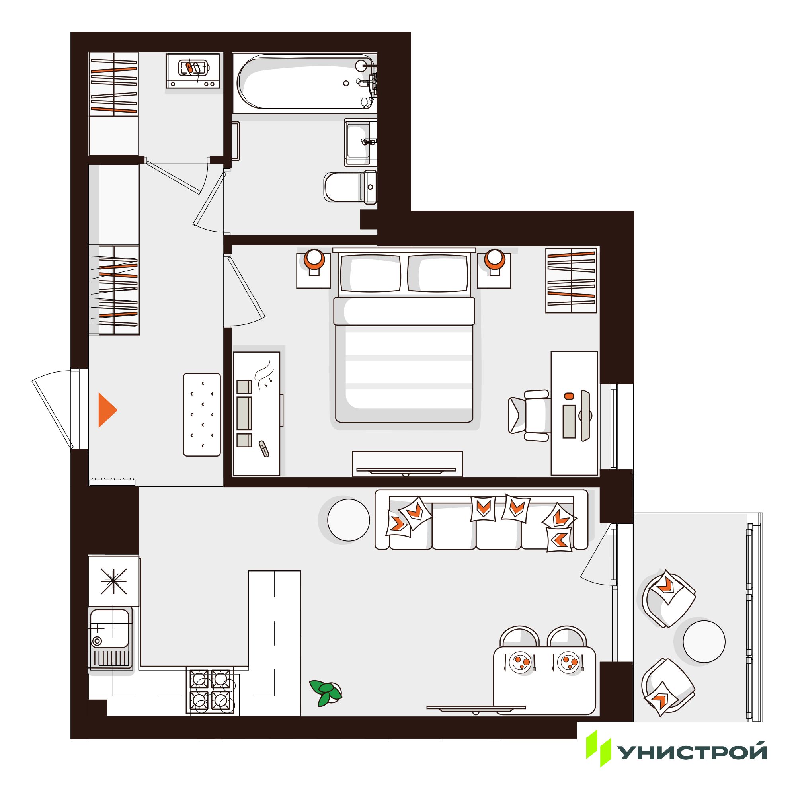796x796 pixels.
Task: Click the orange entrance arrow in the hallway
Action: coord(106,410)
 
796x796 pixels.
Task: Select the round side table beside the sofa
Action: coord(349,519)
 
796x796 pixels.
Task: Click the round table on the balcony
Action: coord(704,641)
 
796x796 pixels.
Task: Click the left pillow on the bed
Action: coord(371,273)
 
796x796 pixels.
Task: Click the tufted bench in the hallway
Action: coord(202,414)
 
